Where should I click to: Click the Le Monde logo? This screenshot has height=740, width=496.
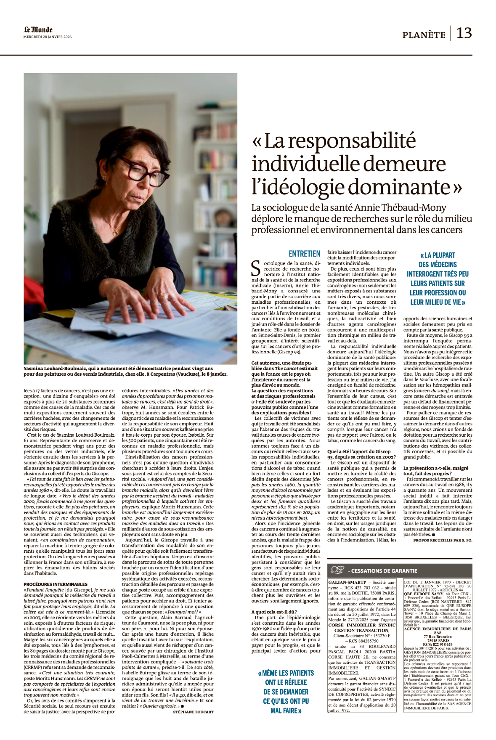click(x=38, y=29)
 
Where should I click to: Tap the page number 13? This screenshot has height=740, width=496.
click(x=464, y=33)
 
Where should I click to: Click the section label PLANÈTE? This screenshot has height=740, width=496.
click(x=424, y=35)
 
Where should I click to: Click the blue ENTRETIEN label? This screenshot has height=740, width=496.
click(x=305, y=254)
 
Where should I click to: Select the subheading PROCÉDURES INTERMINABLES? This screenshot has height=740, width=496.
click(x=56, y=584)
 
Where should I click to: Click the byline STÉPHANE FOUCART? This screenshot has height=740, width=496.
click(x=193, y=712)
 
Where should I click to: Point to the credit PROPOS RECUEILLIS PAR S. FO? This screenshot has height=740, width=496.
click(x=443, y=540)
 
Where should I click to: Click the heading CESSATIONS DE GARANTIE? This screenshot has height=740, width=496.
click(x=382, y=571)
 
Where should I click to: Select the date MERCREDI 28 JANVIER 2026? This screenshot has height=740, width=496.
click(x=48, y=37)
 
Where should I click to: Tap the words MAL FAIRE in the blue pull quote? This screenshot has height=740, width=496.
click(x=286, y=711)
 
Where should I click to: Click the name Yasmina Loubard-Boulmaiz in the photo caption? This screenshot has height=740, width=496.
click(x=64, y=369)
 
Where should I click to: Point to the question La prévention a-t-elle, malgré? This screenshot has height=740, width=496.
click(x=435, y=468)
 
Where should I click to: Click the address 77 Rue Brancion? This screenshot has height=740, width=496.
click(x=438, y=637)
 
